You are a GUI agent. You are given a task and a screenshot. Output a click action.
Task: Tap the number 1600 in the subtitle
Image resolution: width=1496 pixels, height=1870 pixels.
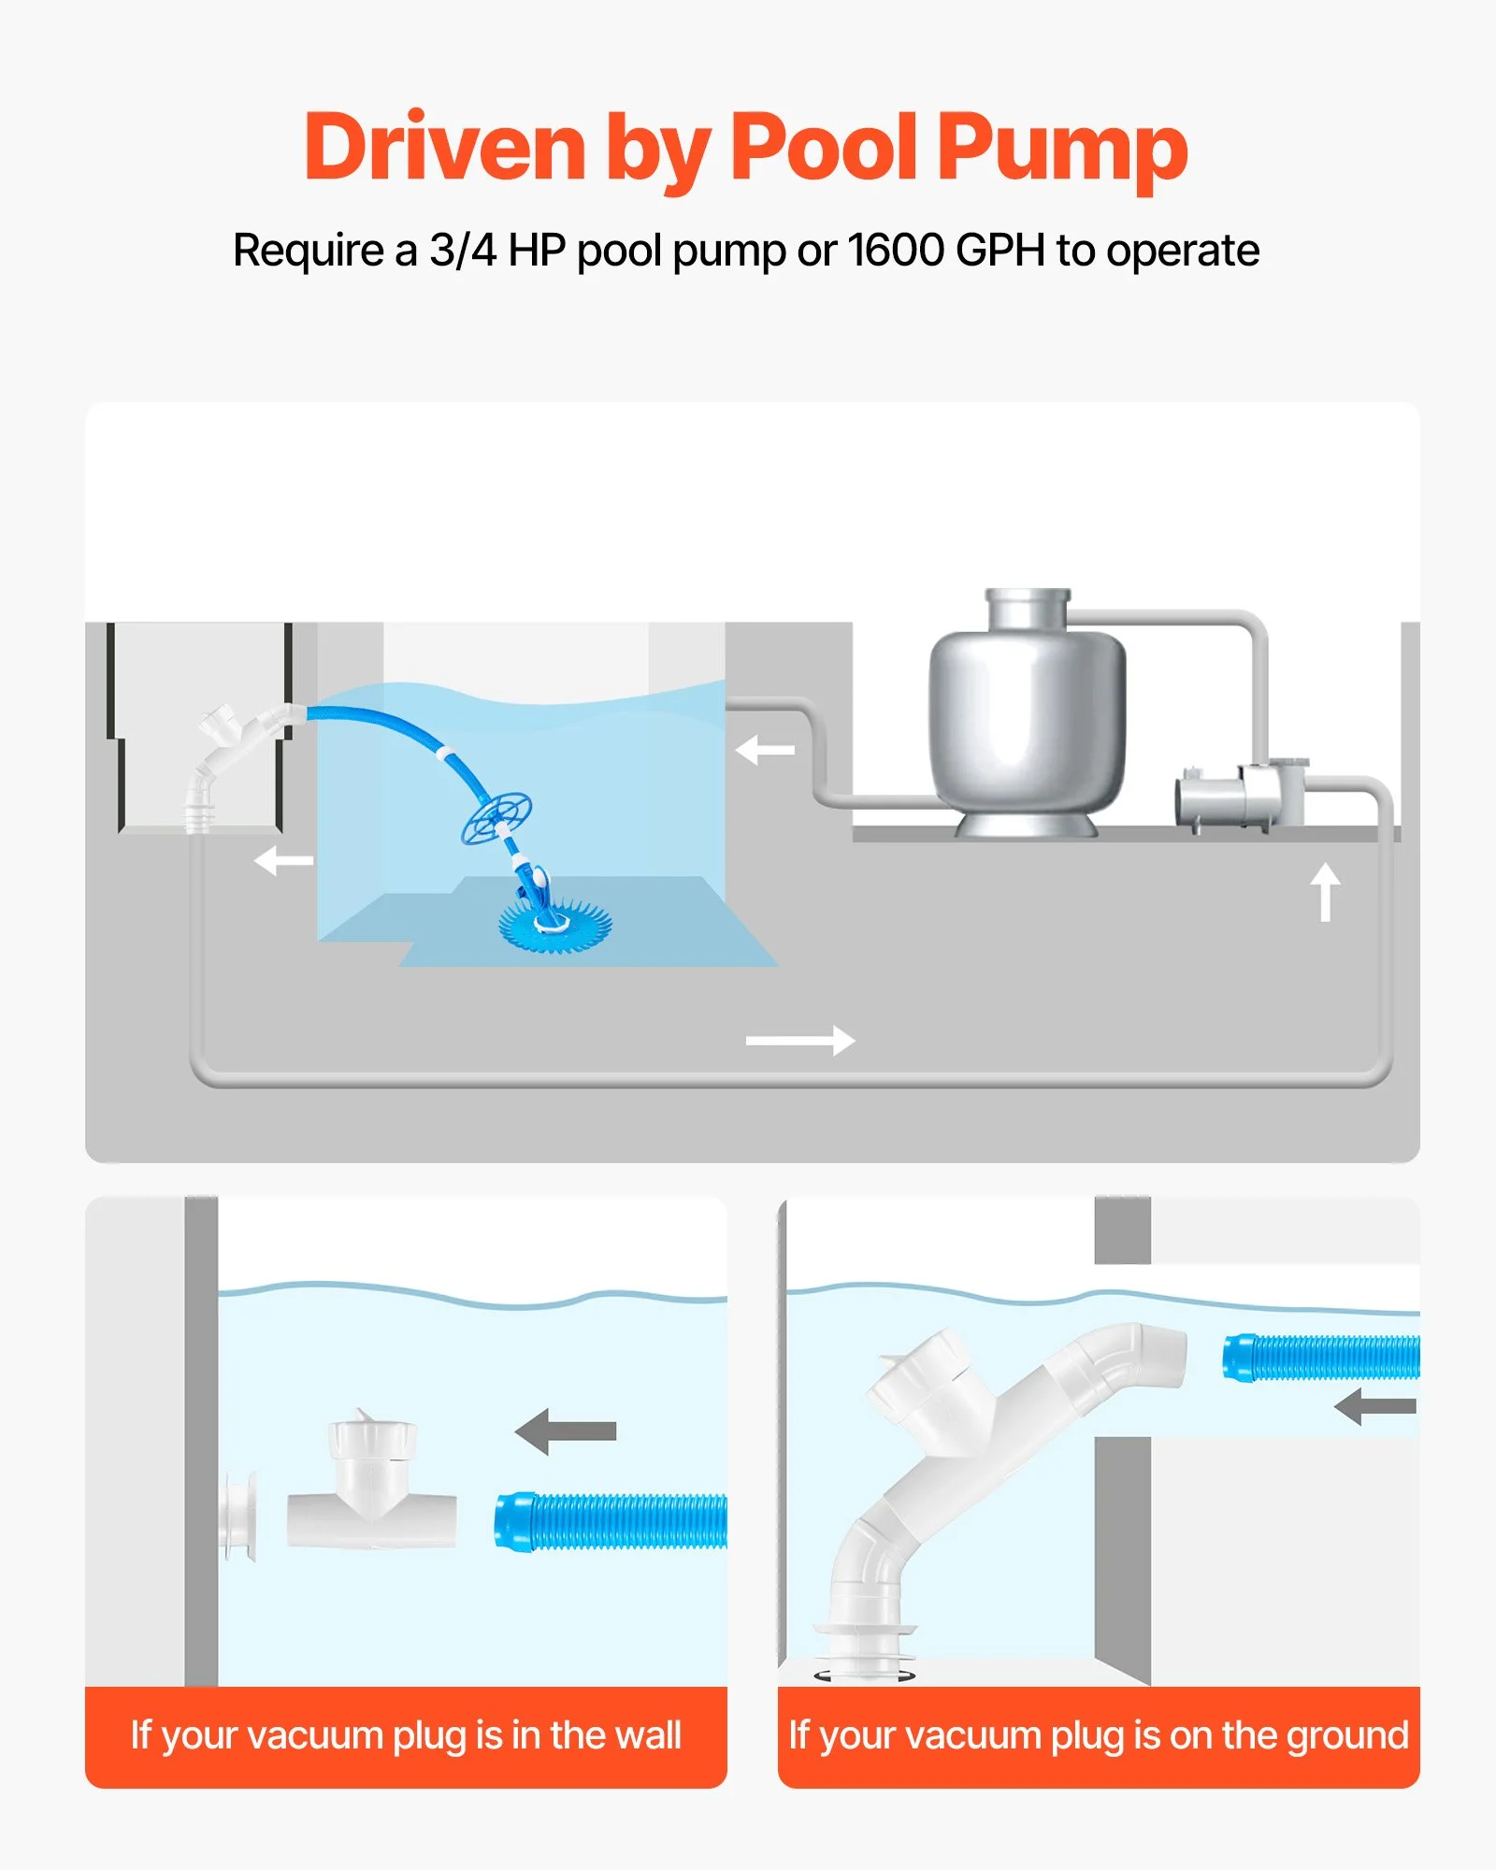click(x=897, y=250)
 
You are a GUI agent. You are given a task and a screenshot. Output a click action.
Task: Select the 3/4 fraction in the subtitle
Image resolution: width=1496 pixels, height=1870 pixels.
click(x=463, y=250)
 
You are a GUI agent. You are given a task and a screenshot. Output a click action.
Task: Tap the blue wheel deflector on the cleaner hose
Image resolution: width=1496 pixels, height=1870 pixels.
click(x=496, y=818)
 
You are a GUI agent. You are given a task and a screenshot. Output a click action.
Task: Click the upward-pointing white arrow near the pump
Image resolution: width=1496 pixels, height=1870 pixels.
click(x=1325, y=891)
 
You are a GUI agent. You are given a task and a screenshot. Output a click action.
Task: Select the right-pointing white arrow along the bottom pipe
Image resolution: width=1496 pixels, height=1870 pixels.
click(x=800, y=1040)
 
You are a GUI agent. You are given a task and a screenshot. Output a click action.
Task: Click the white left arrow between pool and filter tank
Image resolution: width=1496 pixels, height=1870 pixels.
click(x=765, y=749)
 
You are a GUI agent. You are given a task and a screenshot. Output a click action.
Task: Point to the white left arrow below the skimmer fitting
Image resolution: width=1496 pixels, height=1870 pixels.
click(x=283, y=860)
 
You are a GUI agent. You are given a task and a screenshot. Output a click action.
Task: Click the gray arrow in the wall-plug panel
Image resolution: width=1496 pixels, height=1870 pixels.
click(x=566, y=1431)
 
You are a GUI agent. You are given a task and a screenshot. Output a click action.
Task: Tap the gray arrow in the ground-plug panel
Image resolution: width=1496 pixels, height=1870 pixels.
click(x=1374, y=1405)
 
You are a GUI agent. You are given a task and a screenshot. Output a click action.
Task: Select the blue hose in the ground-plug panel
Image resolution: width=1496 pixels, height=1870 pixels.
click(x=1321, y=1358)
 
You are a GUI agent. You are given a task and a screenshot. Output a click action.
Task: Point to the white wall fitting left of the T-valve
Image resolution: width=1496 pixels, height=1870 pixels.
click(x=239, y=1516)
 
